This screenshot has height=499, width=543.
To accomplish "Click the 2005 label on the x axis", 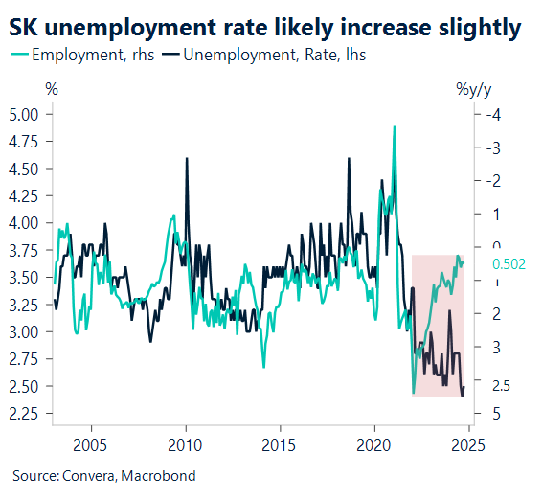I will (x=91, y=445).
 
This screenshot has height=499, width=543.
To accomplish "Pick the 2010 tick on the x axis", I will (x=185, y=445).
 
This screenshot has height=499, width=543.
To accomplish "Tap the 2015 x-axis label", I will (x=279, y=445).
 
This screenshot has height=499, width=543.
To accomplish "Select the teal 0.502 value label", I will (x=509, y=263).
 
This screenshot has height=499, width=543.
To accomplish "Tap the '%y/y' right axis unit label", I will (x=475, y=89).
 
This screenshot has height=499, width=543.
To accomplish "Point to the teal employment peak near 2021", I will (x=394, y=127).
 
